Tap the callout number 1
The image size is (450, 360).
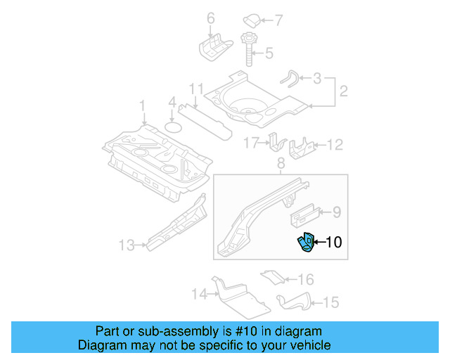(x=141, y=106)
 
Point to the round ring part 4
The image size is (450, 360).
(x=173, y=127)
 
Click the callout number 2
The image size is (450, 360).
(x=344, y=91)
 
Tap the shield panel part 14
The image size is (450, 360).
(x=238, y=295)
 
